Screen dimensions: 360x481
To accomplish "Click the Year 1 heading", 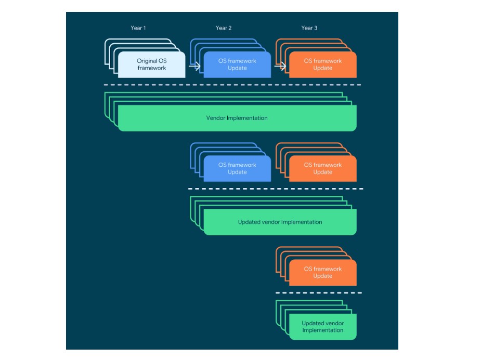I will [138, 28].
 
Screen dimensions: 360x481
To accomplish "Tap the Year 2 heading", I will [224, 28].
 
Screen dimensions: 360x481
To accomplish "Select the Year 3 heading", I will [309, 28].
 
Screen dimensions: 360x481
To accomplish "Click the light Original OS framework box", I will [151, 64].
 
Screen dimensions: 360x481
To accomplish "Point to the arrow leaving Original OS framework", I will [194, 66].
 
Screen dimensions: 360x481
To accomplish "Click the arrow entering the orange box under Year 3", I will [280, 66].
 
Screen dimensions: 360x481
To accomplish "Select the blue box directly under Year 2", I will [237, 64].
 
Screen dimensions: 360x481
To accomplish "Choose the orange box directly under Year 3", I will [323, 64].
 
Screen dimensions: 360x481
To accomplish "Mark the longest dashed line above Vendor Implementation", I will [232, 85].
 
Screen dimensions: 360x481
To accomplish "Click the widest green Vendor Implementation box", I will [237, 118].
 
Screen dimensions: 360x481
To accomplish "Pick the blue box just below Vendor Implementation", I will [237, 168].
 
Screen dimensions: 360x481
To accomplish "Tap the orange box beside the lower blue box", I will [323, 168].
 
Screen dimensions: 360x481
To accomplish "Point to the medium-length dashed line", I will [275, 189].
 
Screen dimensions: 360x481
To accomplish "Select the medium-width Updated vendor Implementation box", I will [280, 222].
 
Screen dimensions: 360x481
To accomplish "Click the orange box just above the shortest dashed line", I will [323, 272].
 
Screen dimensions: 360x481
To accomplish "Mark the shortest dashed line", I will [318, 293].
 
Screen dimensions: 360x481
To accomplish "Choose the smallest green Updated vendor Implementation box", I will [323, 327].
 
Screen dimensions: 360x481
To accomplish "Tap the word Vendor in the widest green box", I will [215, 118].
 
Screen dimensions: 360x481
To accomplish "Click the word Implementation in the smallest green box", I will [323, 330].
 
